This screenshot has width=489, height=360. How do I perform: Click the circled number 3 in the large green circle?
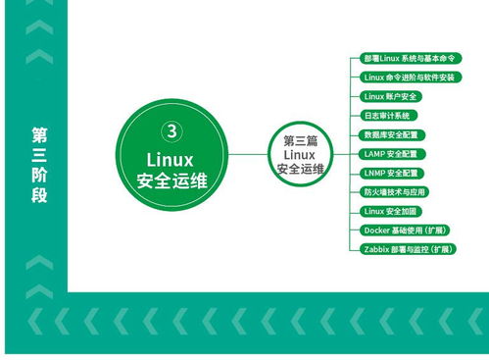click(x=171, y=129)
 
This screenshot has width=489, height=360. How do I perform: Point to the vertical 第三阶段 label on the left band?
click(x=38, y=164)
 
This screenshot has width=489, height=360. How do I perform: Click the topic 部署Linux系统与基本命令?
click(x=406, y=59)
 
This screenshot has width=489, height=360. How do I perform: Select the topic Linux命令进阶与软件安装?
click(x=408, y=77)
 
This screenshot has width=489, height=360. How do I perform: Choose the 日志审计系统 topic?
click(x=387, y=116)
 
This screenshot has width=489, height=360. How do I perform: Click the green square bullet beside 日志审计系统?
click(x=355, y=116)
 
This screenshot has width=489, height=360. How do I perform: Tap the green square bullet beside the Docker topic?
click(x=355, y=231)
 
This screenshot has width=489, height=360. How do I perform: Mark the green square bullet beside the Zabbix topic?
click(x=355, y=250)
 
